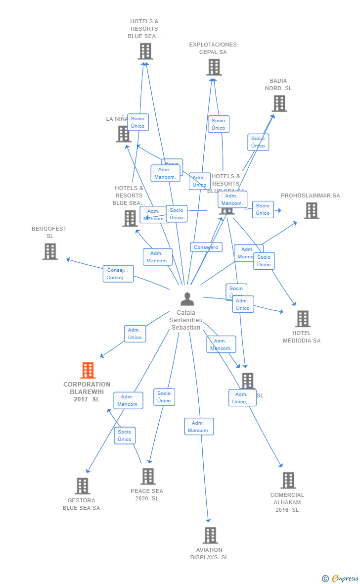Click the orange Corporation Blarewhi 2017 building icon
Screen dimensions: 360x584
point(88,370)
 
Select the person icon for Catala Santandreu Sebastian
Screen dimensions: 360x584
point(187,299)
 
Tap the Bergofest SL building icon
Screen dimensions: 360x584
point(50,251)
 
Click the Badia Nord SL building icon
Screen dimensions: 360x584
point(279,103)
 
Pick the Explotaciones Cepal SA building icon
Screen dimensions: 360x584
point(214,67)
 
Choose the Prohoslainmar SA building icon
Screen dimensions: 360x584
point(311,210)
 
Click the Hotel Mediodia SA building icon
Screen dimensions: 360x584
point(303,319)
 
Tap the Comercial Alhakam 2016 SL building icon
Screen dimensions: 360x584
point(288,480)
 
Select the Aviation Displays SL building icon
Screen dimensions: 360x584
point(210,535)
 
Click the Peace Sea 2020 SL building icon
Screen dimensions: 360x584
point(147,476)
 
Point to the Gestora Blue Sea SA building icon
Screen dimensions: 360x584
point(82,486)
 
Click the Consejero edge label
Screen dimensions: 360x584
point(206,247)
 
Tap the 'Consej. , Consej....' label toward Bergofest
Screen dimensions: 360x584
point(118,274)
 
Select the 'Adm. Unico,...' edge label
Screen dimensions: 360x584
point(242,398)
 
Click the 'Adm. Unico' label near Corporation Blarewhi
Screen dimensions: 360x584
point(135,334)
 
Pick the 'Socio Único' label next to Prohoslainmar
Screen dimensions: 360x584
point(263,209)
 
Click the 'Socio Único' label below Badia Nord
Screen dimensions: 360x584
point(258,142)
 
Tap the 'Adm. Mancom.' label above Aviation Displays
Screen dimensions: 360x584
point(199,427)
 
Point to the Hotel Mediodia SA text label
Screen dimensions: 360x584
point(302,337)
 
